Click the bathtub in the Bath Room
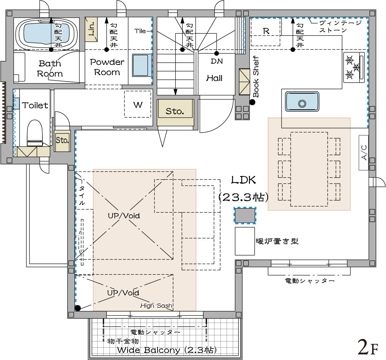click(x=46, y=34)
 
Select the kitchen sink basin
click(x=302, y=102)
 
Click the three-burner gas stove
click(x=354, y=67)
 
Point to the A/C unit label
click(x=364, y=153)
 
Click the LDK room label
click(x=243, y=180)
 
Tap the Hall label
click(x=214, y=78)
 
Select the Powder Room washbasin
click(x=140, y=65)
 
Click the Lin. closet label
click(x=91, y=29)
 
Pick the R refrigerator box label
click(x=266, y=31)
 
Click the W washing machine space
click(x=137, y=104)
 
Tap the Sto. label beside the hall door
click(x=175, y=111)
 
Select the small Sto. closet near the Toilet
click(x=62, y=140)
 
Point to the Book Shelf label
click(x=256, y=77)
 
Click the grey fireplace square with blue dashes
click(x=245, y=216)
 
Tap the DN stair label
click(x=217, y=61)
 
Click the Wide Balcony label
click(x=167, y=350)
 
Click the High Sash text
click(x=156, y=306)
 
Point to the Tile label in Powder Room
click(x=140, y=31)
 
